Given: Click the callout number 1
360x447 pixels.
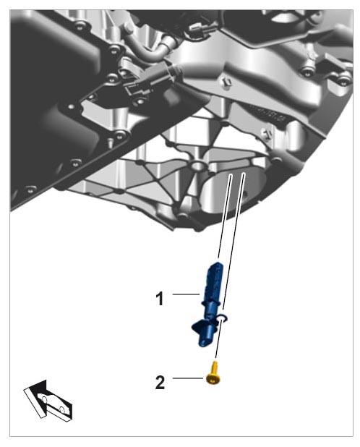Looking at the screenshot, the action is click(x=160, y=299).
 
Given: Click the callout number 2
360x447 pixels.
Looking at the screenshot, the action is click(x=160, y=383).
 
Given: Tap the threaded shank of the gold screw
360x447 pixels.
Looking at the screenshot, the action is click(x=215, y=366).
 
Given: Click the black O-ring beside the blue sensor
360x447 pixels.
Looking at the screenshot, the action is click(x=223, y=318).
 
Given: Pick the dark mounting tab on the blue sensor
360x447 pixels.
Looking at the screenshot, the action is click(x=200, y=327).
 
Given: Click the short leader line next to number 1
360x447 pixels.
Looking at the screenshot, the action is click(x=186, y=294).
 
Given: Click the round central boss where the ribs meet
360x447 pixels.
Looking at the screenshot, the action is click(x=198, y=166).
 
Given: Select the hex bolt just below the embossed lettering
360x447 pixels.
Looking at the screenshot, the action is click(x=266, y=133).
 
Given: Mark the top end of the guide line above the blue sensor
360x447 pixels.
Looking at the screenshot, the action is click(x=231, y=174).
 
